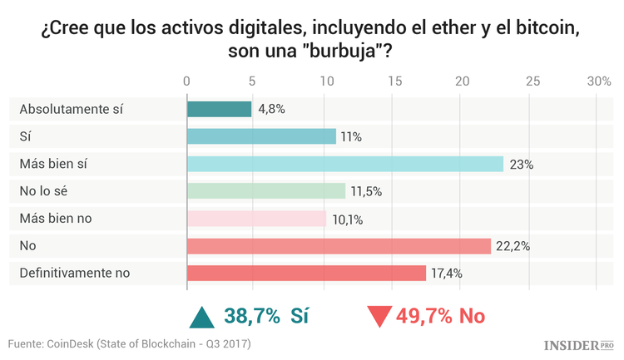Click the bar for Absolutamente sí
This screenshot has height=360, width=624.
(219, 109)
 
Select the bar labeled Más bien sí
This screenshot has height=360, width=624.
(344, 164)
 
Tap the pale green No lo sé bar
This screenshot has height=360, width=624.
(265, 191)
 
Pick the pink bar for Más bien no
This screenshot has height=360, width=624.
(256, 219)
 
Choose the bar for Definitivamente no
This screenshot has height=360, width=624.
(306, 273)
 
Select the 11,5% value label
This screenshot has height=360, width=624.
(367, 191)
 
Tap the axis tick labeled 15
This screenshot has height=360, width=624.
(394, 81)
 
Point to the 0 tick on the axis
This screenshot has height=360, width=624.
(187, 81)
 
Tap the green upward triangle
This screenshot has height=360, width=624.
(202, 317)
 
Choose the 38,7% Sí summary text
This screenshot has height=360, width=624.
(262, 316)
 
